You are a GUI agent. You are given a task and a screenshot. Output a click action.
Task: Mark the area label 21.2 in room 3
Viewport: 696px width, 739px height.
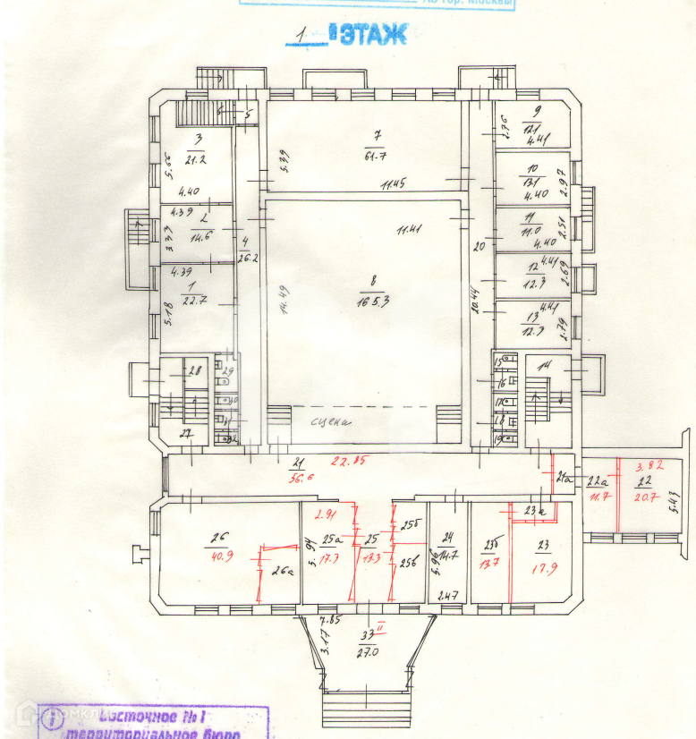click(196, 160)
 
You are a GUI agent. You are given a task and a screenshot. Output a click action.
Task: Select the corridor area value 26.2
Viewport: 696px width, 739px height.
click(248, 259)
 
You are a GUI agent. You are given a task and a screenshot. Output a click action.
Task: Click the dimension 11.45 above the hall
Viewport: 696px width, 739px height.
click(392, 187)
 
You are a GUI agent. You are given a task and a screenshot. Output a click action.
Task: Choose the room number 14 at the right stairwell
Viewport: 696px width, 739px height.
click(543, 363)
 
